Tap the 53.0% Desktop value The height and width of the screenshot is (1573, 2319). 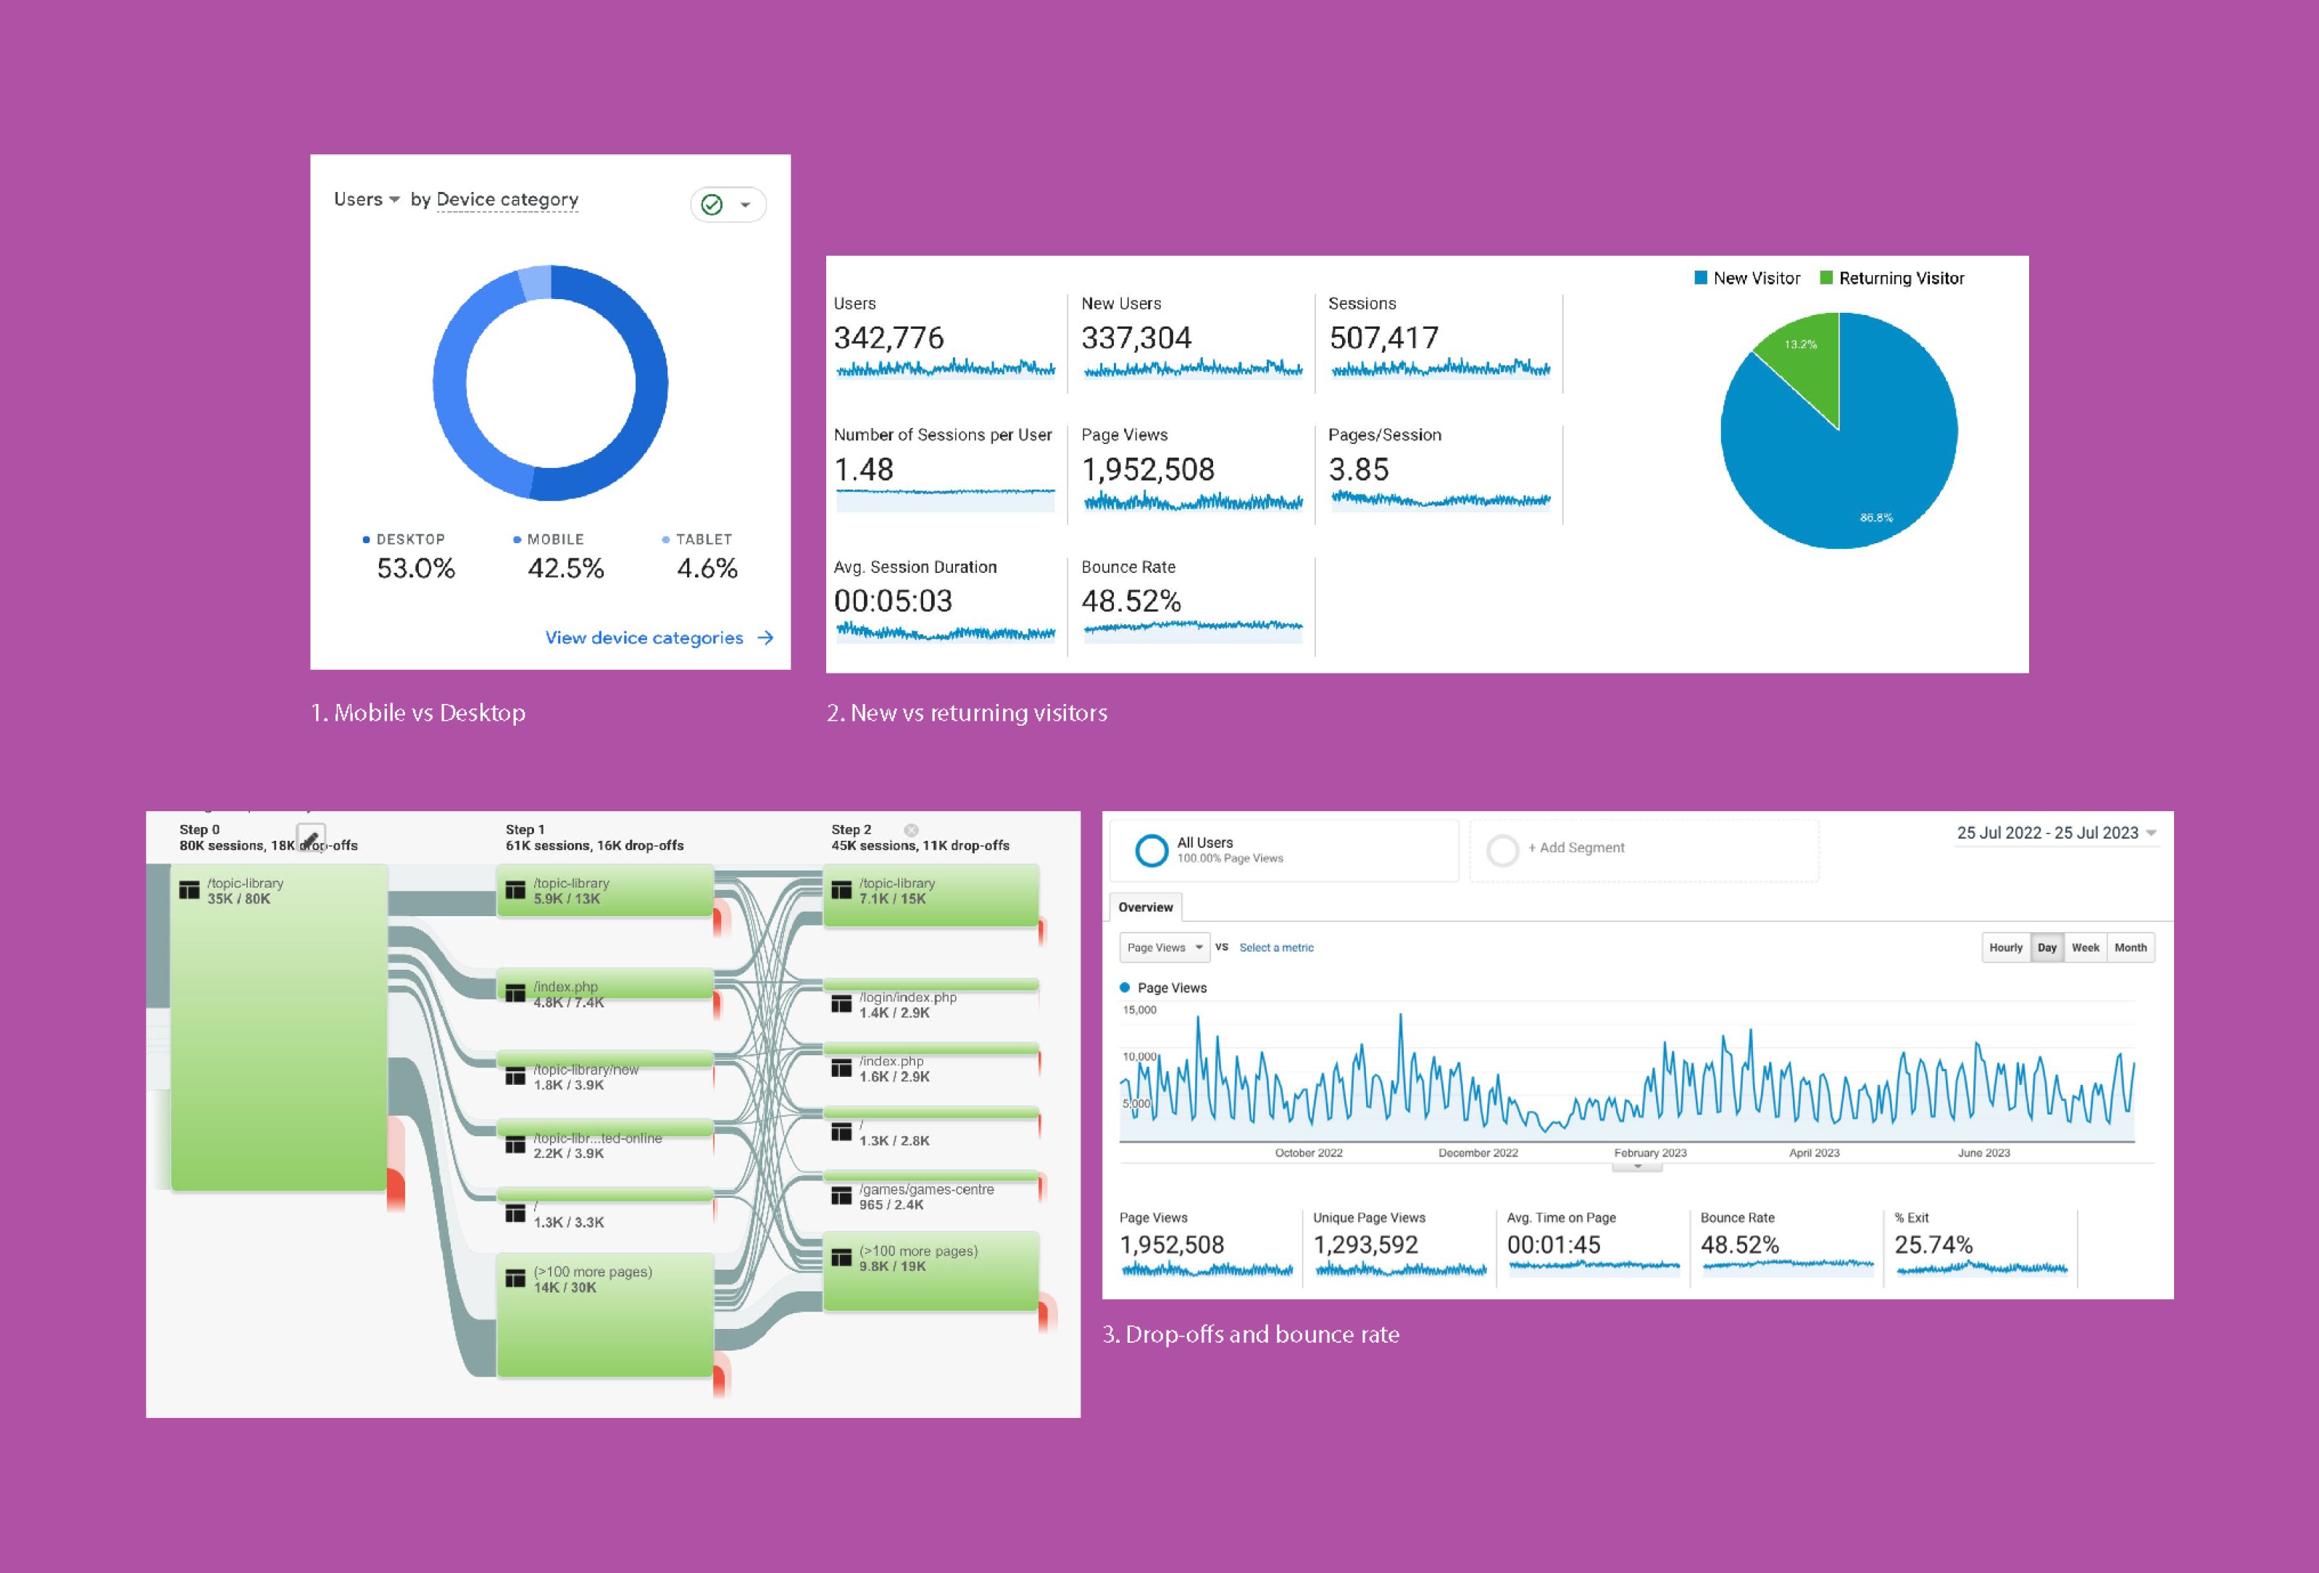[415, 569]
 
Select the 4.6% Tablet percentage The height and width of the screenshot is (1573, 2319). [707, 569]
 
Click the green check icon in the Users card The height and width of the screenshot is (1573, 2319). [712, 204]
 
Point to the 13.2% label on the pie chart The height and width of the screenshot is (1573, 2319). [1800, 344]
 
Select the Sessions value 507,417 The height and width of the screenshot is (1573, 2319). [1383, 338]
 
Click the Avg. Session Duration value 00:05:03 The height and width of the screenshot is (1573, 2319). [893, 602]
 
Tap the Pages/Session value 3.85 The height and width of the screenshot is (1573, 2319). [1358, 470]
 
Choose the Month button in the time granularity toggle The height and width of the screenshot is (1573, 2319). [2131, 947]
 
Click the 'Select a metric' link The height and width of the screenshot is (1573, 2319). [1276, 947]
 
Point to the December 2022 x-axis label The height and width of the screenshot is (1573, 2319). [1478, 1153]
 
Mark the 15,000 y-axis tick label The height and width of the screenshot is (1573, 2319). [1139, 1010]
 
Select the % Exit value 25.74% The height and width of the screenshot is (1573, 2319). [1933, 1245]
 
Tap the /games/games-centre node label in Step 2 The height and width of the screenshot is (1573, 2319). [926, 1189]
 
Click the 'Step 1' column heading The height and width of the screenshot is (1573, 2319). [525, 830]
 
